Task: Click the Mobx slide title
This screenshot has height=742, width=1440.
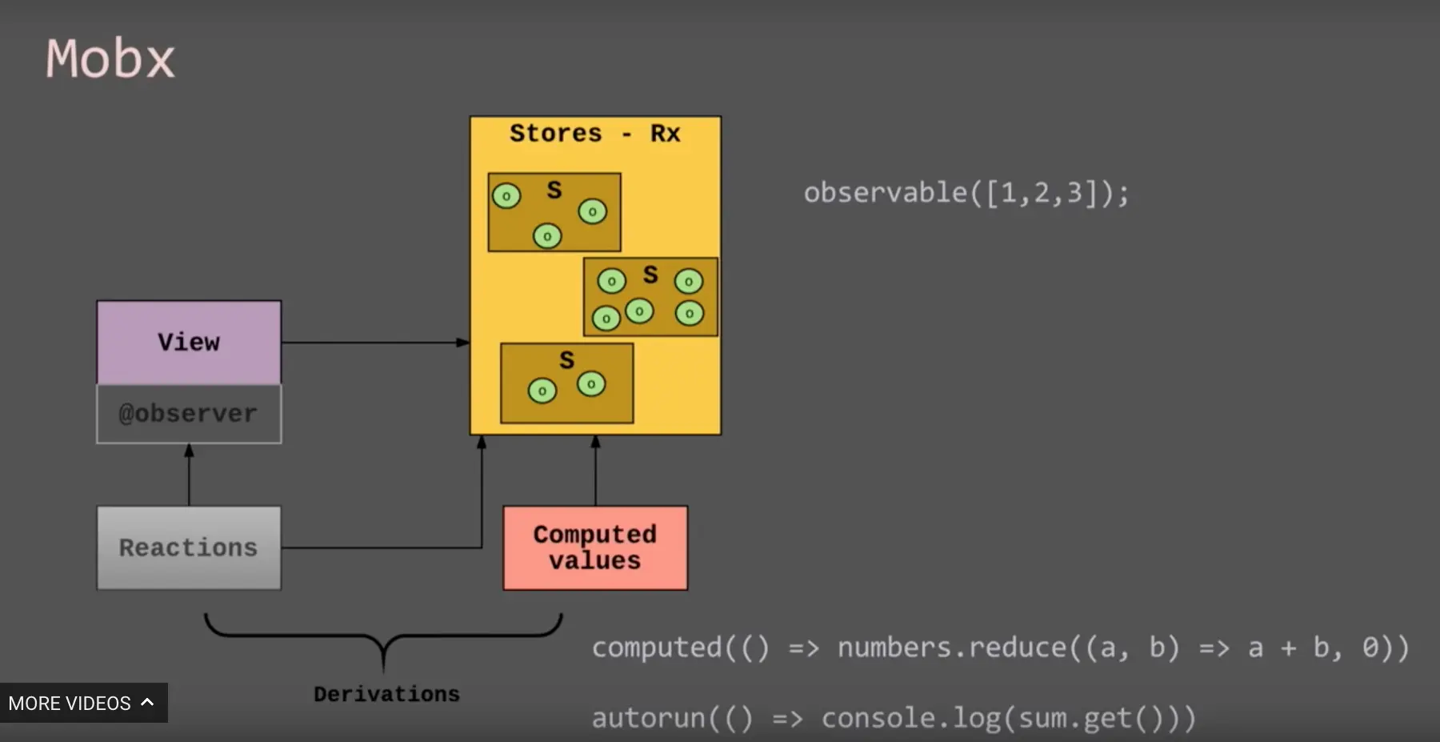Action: (x=110, y=58)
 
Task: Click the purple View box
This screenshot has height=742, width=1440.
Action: (x=189, y=342)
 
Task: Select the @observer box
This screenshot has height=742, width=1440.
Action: (x=189, y=414)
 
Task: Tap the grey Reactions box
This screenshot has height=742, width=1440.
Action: (x=189, y=547)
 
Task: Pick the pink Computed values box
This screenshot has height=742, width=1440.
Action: (x=594, y=547)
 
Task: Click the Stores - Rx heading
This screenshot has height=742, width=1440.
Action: (x=594, y=133)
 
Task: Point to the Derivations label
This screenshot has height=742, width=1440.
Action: (x=386, y=694)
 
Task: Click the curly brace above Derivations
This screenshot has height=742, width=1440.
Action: (x=383, y=636)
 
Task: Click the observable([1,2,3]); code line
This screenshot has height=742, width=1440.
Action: (x=966, y=193)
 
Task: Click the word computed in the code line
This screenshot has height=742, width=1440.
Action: (x=657, y=648)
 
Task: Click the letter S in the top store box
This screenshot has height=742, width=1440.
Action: (x=554, y=190)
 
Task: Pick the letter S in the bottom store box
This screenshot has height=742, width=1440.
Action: (x=566, y=360)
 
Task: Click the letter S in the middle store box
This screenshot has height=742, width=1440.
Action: (x=650, y=275)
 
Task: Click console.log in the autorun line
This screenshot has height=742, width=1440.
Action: (x=909, y=718)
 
